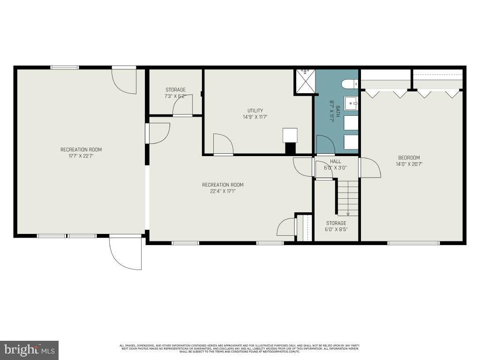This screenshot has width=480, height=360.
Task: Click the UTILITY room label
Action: click(x=255, y=111)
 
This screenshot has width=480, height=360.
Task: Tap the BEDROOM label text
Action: click(x=409, y=158)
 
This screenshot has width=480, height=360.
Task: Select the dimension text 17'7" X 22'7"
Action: click(x=81, y=156)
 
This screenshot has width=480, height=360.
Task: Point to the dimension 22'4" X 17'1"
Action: click(x=223, y=191)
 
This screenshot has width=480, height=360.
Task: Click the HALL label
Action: click(x=335, y=161)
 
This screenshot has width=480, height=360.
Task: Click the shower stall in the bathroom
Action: click(x=305, y=81)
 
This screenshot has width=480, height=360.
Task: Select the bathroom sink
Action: click(x=350, y=103)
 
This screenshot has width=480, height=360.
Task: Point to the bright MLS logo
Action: click(x=29, y=350)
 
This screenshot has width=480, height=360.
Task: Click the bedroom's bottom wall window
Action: click(x=413, y=243)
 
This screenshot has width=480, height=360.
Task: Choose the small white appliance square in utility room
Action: click(x=290, y=135)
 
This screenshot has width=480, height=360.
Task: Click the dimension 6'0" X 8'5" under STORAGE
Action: click(x=336, y=230)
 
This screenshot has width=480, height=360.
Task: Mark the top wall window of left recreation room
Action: click(x=65, y=67)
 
